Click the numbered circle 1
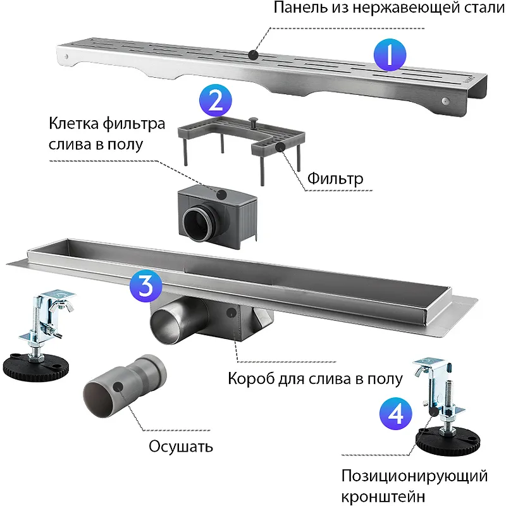pos(388,56)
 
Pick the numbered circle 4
pos(395,414)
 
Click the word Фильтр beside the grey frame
pos(335,179)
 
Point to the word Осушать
pos(181,446)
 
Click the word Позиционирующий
pos(414,475)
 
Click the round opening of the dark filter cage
pos(198,222)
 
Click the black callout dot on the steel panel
pos(253,55)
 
